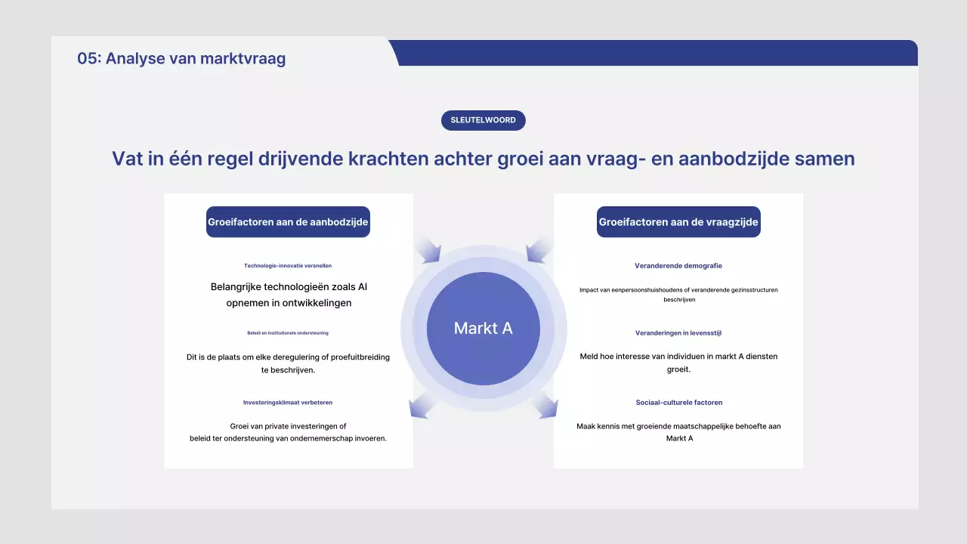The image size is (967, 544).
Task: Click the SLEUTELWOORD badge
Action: (483, 120)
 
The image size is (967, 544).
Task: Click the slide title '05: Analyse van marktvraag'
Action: (181, 58)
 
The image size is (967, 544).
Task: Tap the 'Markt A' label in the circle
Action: (483, 328)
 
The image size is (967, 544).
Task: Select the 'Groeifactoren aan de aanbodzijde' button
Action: (288, 222)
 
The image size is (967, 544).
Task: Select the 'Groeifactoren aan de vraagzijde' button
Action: (678, 222)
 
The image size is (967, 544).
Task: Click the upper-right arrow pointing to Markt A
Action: (539, 250)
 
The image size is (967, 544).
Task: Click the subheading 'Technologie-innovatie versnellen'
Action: (288, 266)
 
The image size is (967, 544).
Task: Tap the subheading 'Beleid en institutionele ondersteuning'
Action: (288, 332)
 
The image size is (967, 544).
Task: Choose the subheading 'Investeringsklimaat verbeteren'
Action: (288, 403)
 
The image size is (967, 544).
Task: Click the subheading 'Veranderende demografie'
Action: (678, 266)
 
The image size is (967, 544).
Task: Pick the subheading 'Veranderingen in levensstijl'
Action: (678, 332)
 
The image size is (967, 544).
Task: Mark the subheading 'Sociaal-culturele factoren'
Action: (678, 403)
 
